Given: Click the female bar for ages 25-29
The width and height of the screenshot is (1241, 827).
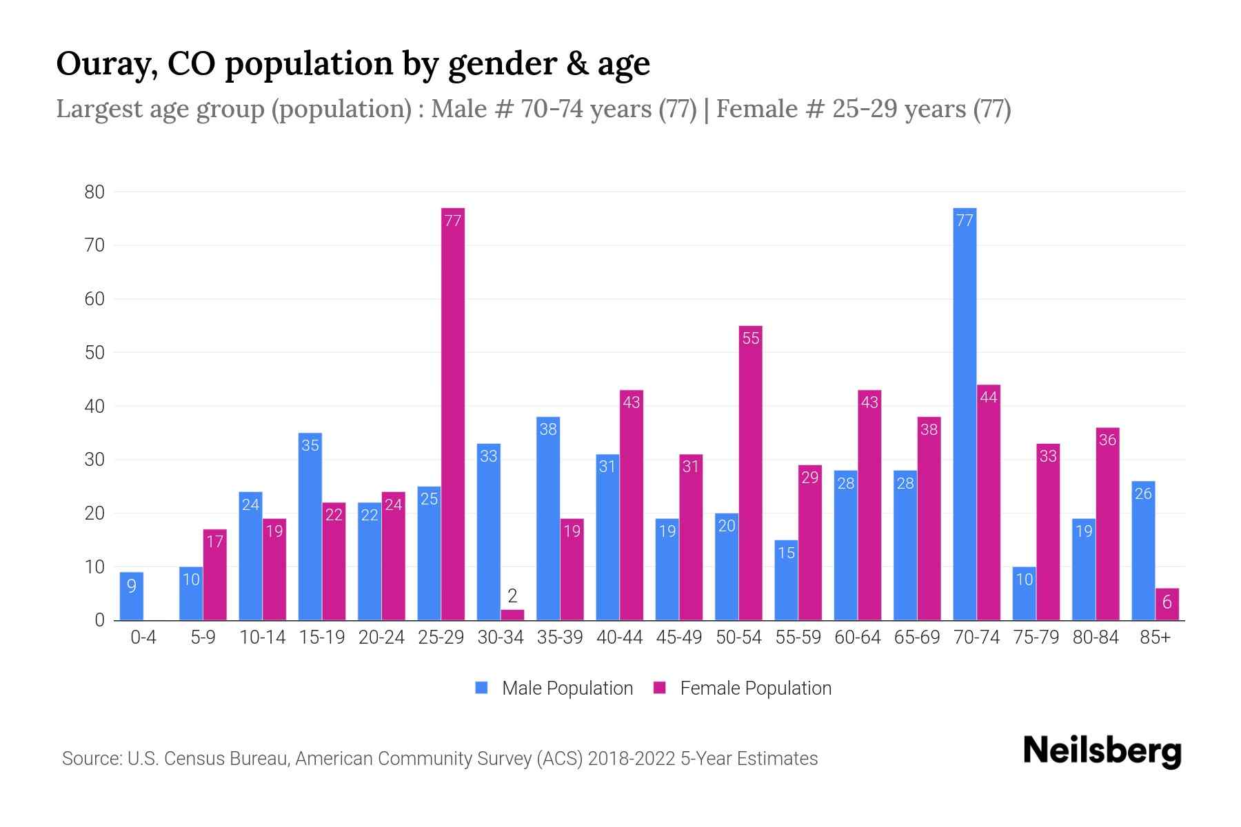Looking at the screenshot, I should click(453, 413).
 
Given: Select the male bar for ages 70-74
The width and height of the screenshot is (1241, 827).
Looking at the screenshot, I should click(965, 413).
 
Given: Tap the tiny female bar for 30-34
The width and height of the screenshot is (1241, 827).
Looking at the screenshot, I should click(512, 615).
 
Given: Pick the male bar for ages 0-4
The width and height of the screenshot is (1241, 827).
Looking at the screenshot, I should click(132, 596).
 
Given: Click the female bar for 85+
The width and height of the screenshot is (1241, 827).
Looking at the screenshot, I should click(1167, 604).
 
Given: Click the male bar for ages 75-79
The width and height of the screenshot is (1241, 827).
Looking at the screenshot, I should click(1025, 593).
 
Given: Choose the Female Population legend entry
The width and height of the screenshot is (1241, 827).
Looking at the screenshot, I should click(743, 688).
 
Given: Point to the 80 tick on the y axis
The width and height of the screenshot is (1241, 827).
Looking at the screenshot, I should click(94, 192).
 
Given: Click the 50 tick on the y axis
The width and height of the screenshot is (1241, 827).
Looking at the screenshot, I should click(94, 353).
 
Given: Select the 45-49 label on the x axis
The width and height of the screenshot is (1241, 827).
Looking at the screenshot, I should click(679, 637).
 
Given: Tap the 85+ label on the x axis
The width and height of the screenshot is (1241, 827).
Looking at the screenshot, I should click(1155, 637).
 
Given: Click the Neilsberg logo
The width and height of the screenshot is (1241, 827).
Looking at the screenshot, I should click(1102, 751).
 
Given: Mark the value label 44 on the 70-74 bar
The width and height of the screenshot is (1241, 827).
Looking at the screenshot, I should click(989, 397).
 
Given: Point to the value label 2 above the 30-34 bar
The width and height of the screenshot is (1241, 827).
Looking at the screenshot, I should click(512, 595).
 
